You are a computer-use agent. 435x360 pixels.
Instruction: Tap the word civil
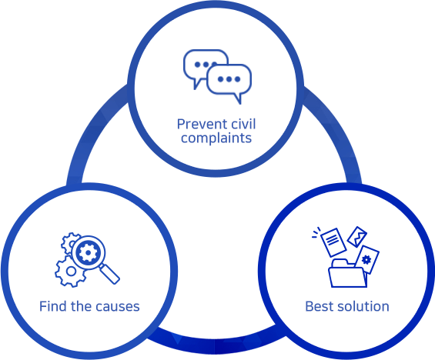pos(244,124)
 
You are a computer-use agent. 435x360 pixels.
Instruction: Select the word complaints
pos(216,138)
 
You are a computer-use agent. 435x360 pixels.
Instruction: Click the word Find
pos(52,306)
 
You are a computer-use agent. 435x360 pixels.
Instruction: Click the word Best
pos(317,306)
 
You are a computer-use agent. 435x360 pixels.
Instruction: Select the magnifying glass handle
pos(110,274)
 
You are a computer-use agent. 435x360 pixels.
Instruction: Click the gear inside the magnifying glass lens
pos(88,252)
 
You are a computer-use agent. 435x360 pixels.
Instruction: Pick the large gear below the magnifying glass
pos(70,272)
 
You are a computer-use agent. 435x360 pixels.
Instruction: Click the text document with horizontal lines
pos(333,242)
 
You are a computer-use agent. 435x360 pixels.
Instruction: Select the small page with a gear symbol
pos(366,260)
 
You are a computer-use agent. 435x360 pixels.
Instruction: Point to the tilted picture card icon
pos(357,237)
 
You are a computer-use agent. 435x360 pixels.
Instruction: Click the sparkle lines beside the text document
pos(316,233)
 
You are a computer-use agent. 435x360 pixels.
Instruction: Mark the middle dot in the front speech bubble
pos(229,79)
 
